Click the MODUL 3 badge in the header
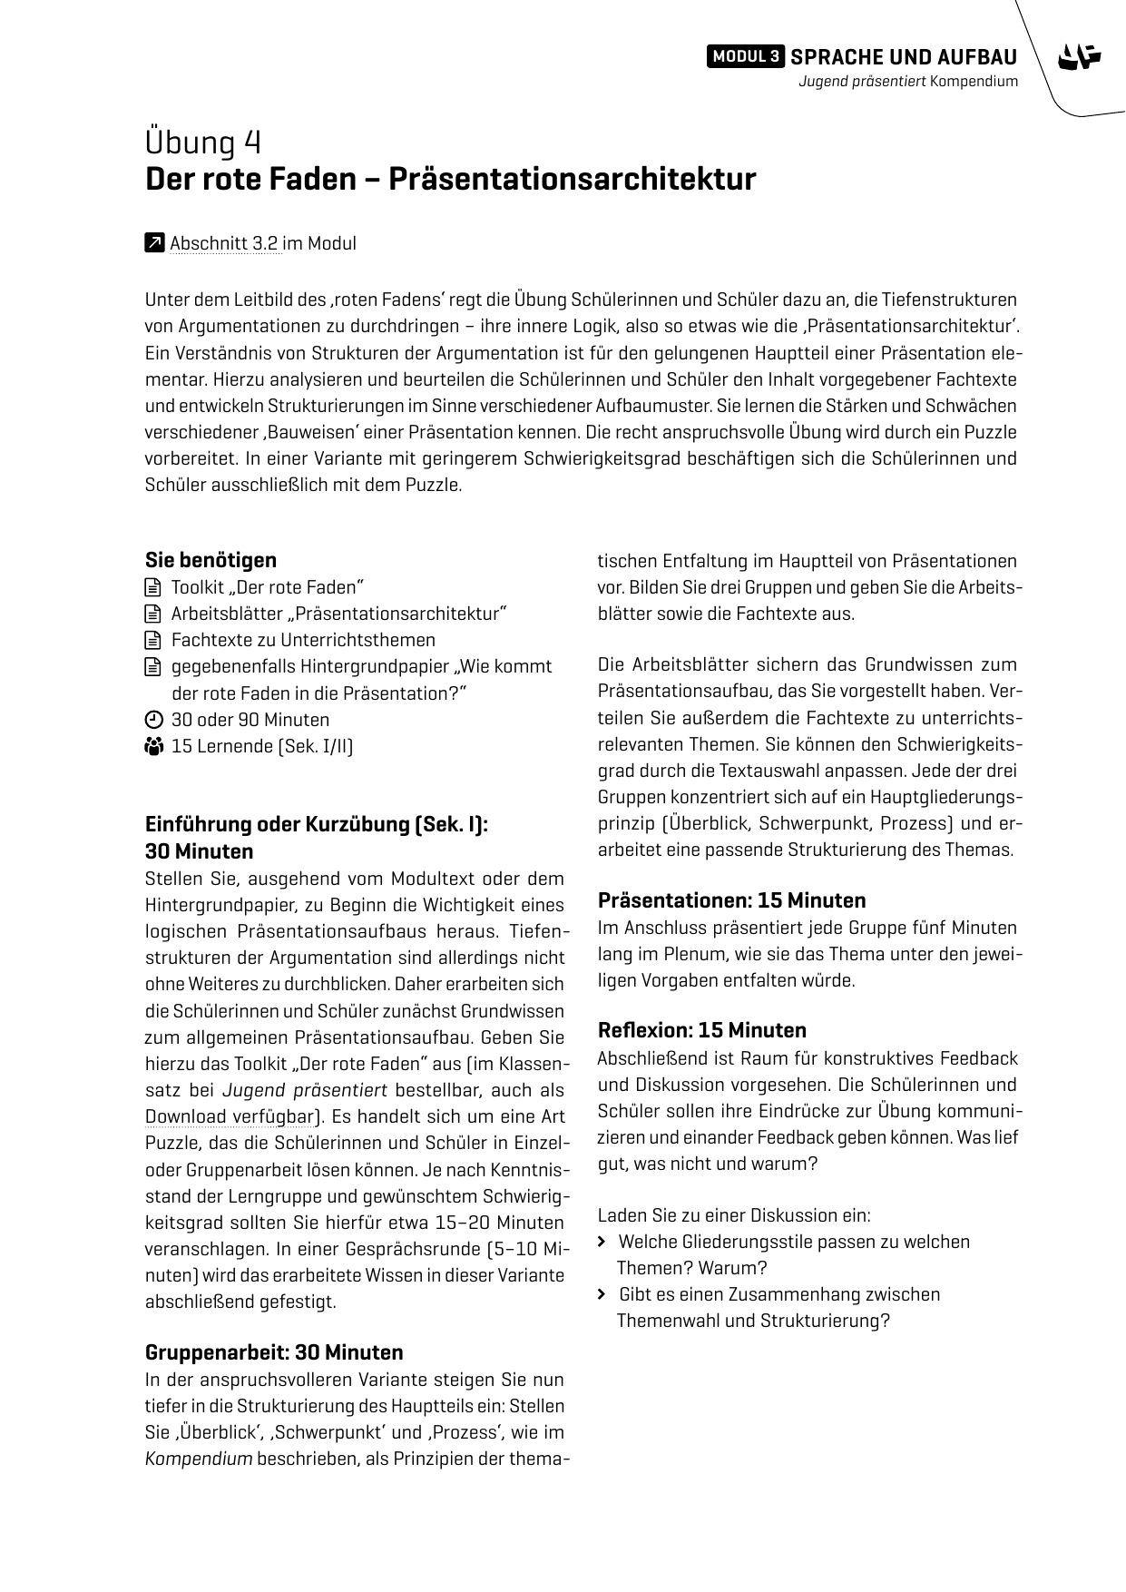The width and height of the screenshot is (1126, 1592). coord(745,57)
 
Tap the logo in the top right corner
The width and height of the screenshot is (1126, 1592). coord(1079,57)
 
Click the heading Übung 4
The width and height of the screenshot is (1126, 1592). coord(203,142)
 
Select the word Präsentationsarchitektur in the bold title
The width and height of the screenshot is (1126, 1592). coord(572,179)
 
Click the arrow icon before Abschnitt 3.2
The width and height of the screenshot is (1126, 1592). coord(154,243)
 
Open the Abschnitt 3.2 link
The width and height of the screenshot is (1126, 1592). coord(223,243)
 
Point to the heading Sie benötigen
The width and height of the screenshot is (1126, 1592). coord(211,560)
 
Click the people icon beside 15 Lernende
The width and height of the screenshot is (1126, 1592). coord(153,746)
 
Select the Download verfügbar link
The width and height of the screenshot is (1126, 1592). coord(230,1116)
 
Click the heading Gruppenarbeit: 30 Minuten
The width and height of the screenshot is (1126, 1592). coord(274,1352)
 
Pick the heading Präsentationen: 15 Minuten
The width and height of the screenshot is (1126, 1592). coord(731,900)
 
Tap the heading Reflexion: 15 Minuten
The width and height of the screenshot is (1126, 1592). coord(701,1030)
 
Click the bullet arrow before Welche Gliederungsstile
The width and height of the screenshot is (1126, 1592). coord(602,1242)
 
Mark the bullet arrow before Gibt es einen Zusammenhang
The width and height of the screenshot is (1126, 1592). coord(602,1294)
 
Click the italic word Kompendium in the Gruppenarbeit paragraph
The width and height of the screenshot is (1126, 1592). coord(198,1459)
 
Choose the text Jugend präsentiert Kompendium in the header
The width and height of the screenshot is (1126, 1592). coord(907,82)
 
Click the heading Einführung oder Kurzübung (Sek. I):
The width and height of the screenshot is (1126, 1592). coord(317,824)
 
